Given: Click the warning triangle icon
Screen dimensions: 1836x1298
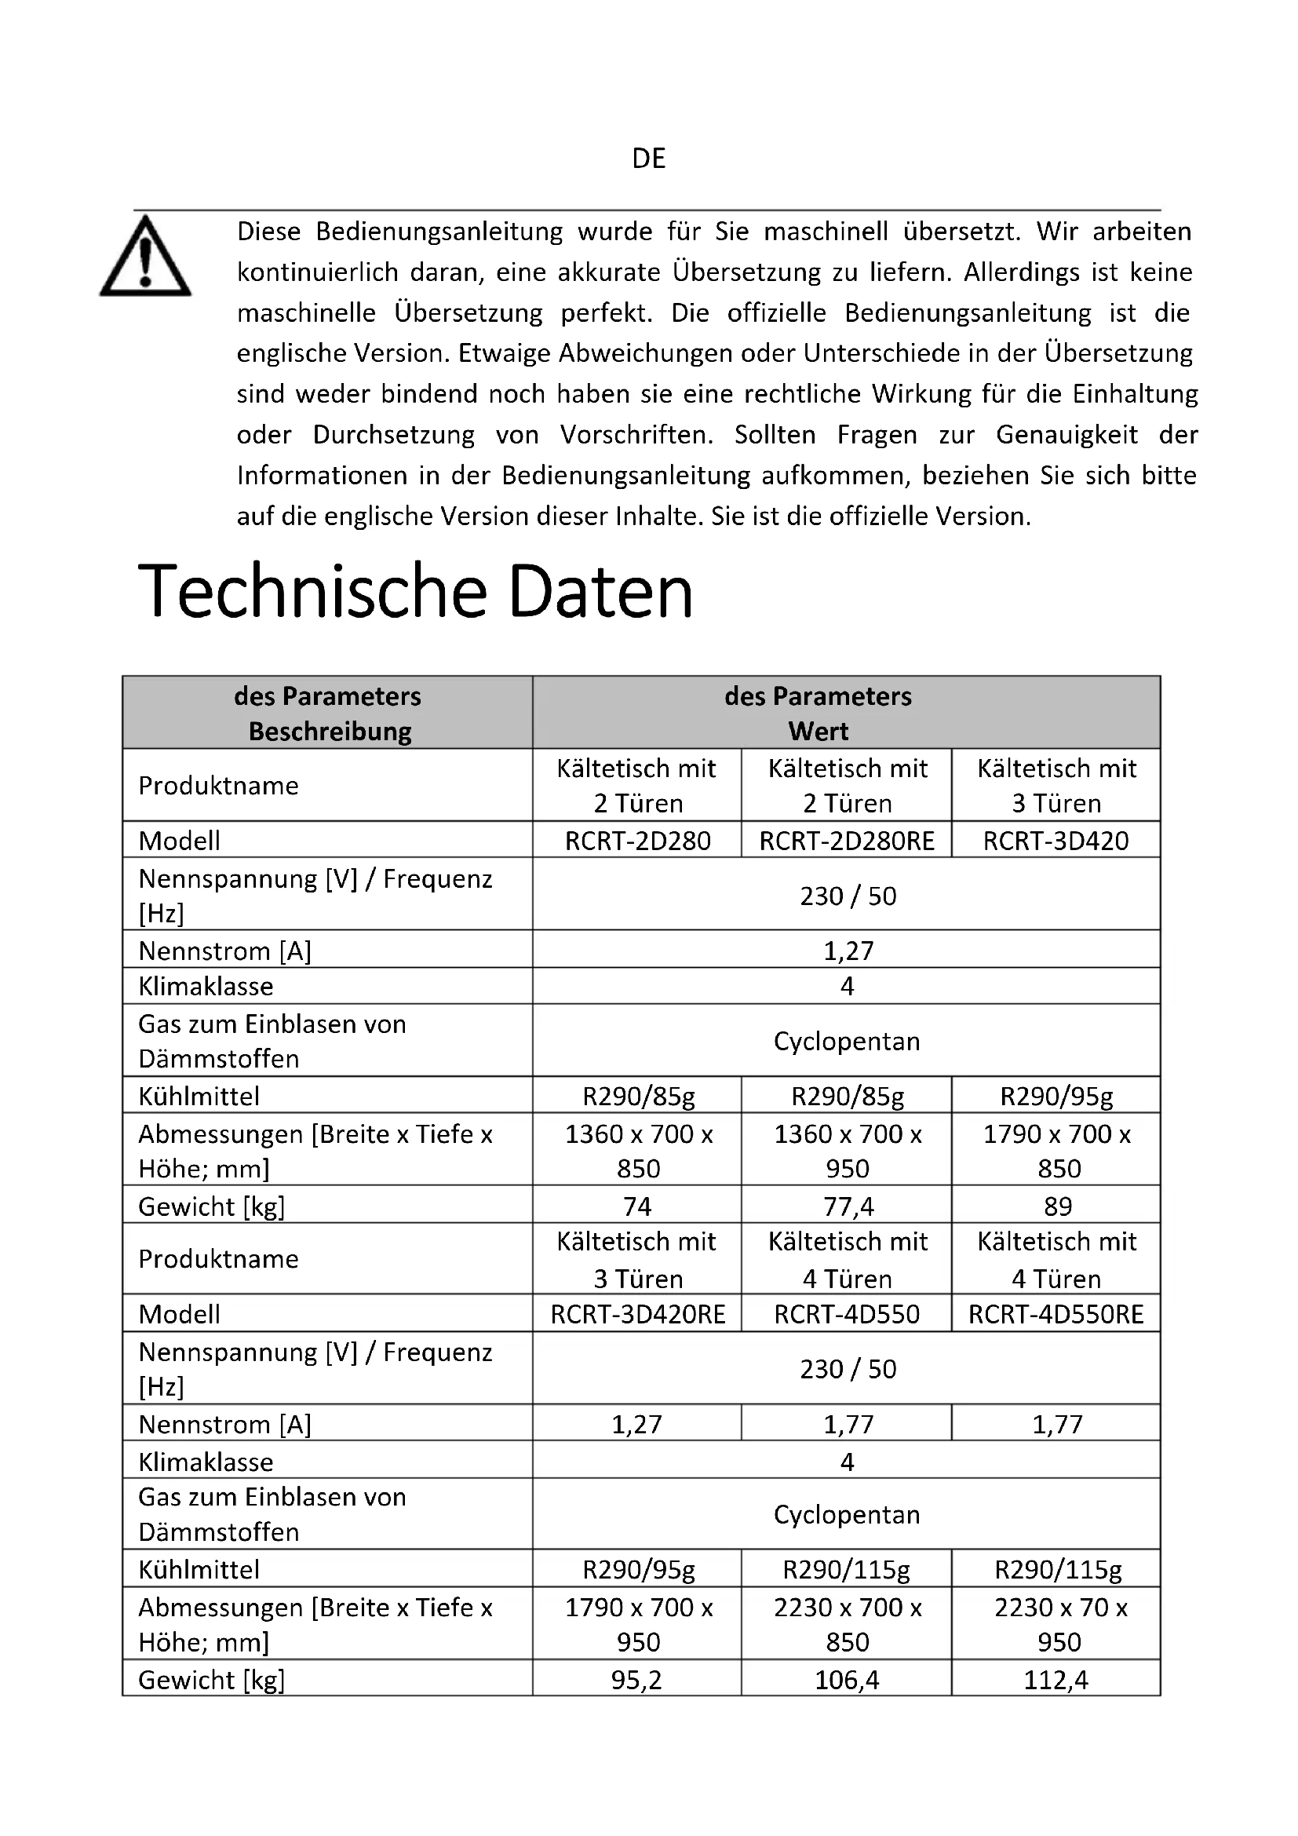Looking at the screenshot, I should [x=145, y=257].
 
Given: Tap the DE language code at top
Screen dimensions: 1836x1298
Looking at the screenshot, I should [x=648, y=159].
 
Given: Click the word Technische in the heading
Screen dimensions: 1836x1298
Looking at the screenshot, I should [x=312, y=592].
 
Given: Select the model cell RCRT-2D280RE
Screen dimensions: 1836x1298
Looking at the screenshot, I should [x=847, y=841].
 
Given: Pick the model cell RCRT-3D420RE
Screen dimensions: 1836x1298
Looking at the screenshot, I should [x=638, y=1314].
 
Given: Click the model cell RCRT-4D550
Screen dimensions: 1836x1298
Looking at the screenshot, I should [x=847, y=1314].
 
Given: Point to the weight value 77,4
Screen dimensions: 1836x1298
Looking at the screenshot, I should [x=848, y=1206].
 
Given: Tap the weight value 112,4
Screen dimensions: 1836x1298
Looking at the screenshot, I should [x=1056, y=1679].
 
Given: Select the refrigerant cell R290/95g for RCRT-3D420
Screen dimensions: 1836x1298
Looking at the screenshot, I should [x=1056, y=1096].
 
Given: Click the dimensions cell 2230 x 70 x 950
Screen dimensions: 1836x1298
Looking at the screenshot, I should [x=1059, y=1624].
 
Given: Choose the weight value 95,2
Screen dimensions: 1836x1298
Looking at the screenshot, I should [x=637, y=1679].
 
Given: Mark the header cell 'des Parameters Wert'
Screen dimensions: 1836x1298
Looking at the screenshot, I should [x=818, y=714].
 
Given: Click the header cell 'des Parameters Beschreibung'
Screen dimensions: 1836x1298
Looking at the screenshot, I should [x=329, y=714].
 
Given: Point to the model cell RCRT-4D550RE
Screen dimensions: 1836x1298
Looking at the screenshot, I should [x=1056, y=1314].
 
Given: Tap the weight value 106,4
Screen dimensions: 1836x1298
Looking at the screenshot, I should [x=848, y=1679].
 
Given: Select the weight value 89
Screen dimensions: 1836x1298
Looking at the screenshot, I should [x=1057, y=1206].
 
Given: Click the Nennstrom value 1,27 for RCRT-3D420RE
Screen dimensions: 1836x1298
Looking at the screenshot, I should [x=637, y=1424].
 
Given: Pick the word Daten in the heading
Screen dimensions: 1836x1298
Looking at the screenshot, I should [x=600, y=592].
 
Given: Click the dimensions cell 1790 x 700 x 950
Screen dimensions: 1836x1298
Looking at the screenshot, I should [x=639, y=1624].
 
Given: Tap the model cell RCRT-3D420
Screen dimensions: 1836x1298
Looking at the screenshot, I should [x=1056, y=841].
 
